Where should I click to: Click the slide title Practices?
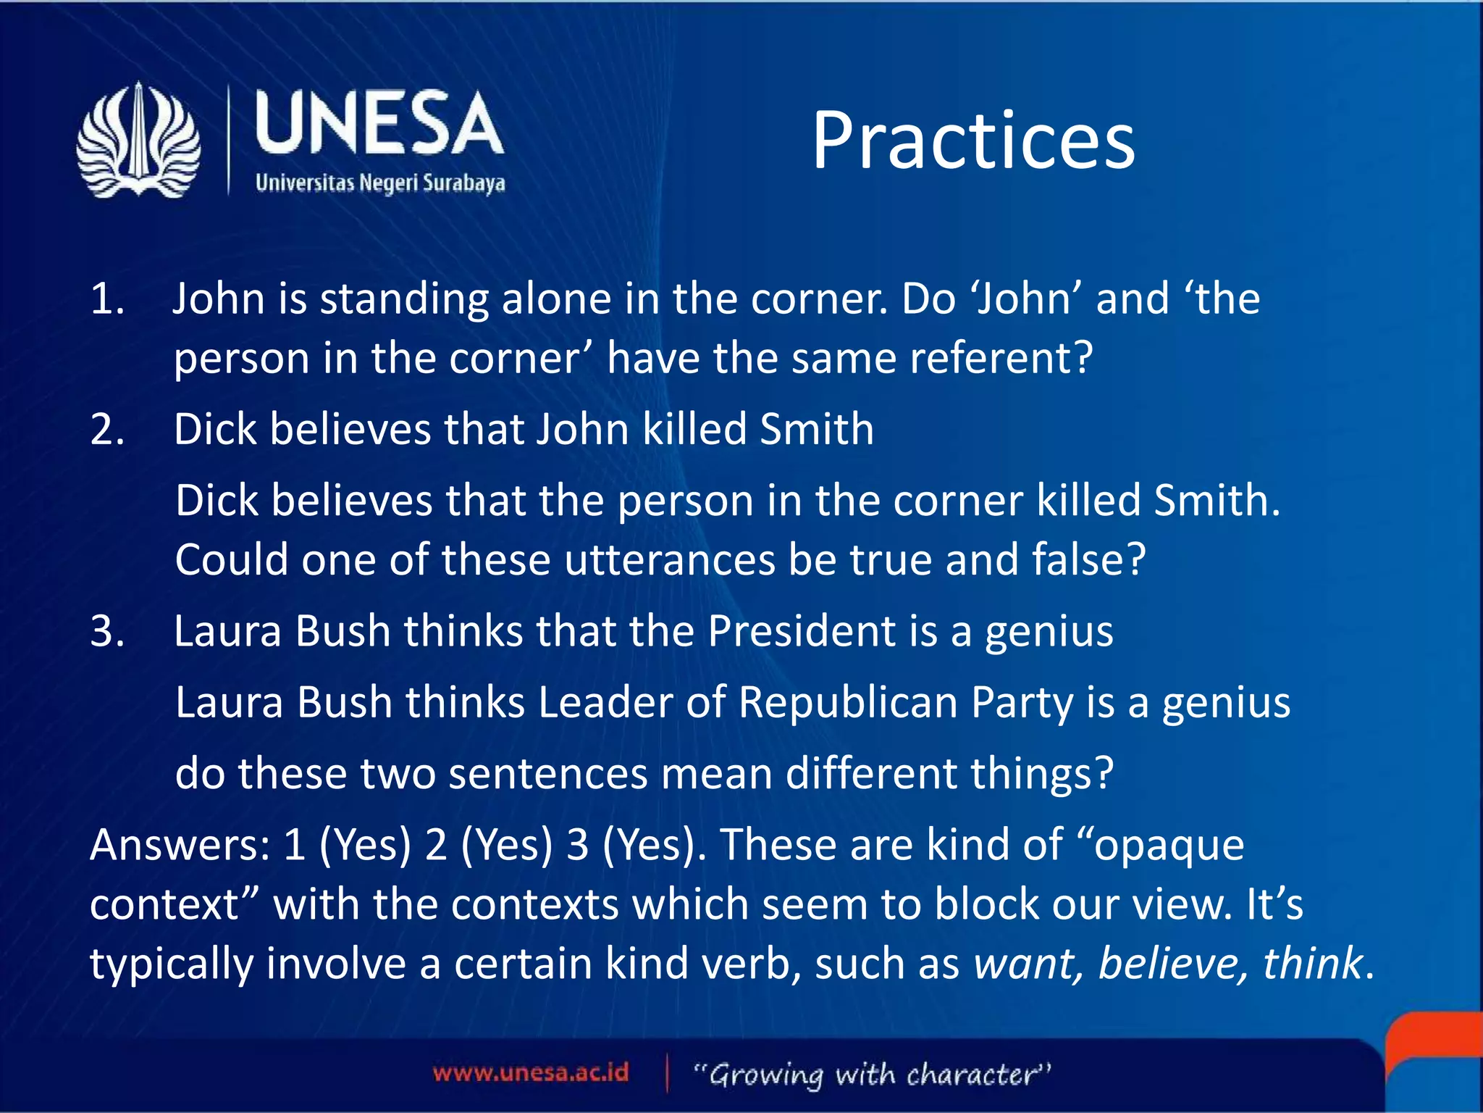coord(973,141)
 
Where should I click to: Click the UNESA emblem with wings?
coord(138,141)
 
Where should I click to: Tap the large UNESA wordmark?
coord(379,123)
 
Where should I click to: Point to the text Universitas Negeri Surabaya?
coord(380,183)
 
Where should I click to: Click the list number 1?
coord(107,299)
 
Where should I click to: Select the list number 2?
coord(107,429)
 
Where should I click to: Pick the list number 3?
coord(107,630)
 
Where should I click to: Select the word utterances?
coord(669,559)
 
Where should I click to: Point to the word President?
coord(802,630)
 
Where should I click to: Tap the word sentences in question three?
coord(547,773)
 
